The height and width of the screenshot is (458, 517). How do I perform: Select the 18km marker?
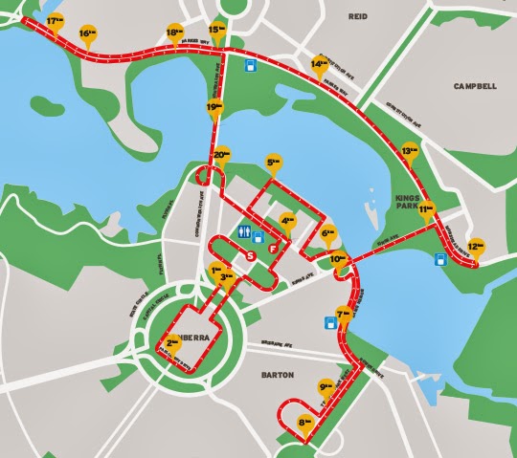click(x=174, y=33)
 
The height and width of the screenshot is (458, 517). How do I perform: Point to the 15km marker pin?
click(x=216, y=32)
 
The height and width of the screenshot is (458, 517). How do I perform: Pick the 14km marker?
click(x=319, y=65)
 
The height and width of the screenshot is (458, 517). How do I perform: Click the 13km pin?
click(x=410, y=152)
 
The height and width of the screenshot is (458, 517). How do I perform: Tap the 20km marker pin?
click(x=222, y=155)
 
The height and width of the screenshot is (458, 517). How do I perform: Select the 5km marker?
click(x=276, y=164)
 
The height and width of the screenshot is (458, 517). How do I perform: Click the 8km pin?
click(x=306, y=422)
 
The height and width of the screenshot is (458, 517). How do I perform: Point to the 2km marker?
click(x=173, y=342)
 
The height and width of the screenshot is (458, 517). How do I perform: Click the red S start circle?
click(x=251, y=256)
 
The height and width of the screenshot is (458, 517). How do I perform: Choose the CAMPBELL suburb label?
click(x=475, y=85)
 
